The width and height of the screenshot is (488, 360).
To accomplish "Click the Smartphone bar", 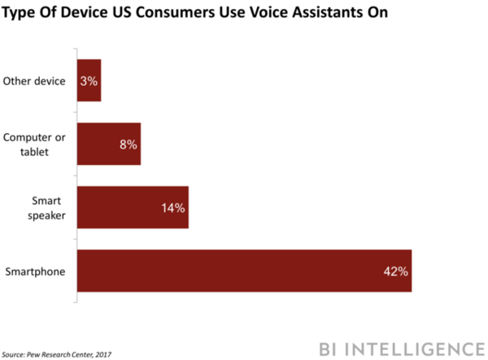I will [244, 271].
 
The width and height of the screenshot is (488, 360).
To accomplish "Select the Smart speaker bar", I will [133, 207].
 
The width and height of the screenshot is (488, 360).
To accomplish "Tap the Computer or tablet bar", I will [108, 144].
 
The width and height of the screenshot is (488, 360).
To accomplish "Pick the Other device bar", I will [89, 80].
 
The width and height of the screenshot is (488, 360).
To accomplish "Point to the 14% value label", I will [174, 208].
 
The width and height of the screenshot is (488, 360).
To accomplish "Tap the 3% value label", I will [89, 80].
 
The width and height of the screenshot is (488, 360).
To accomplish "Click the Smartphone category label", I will [36, 271].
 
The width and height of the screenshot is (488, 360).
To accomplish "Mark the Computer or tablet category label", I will [36, 144].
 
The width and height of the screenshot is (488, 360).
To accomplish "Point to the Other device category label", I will [36, 80].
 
